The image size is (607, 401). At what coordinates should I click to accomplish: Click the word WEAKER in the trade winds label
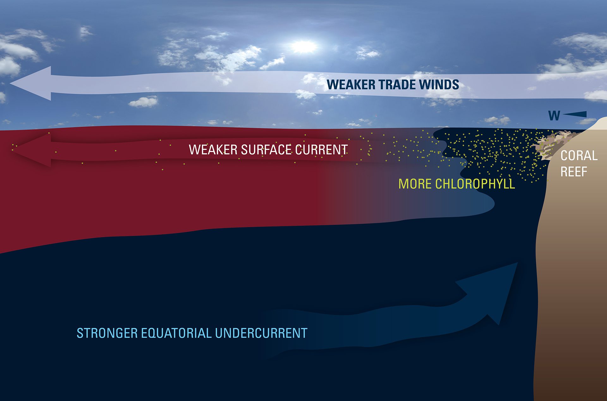[x=351, y=85]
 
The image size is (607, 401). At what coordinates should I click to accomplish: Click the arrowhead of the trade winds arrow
[x=31, y=83]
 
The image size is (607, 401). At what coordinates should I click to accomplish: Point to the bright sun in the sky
[x=303, y=47]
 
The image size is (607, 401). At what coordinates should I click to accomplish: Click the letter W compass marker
[x=554, y=116]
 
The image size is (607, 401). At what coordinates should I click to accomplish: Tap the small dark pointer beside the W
[x=575, y=114]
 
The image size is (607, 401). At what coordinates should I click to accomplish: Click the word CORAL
[x=579, y=156]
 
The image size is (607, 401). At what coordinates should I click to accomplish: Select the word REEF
[x=574, y=172]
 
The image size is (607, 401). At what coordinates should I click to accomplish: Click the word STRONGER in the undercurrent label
[x=107, y=333]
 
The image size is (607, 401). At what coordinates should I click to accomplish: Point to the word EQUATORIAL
[x=176, y=333]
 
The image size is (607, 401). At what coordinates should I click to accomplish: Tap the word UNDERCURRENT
[x=261, y=333]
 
